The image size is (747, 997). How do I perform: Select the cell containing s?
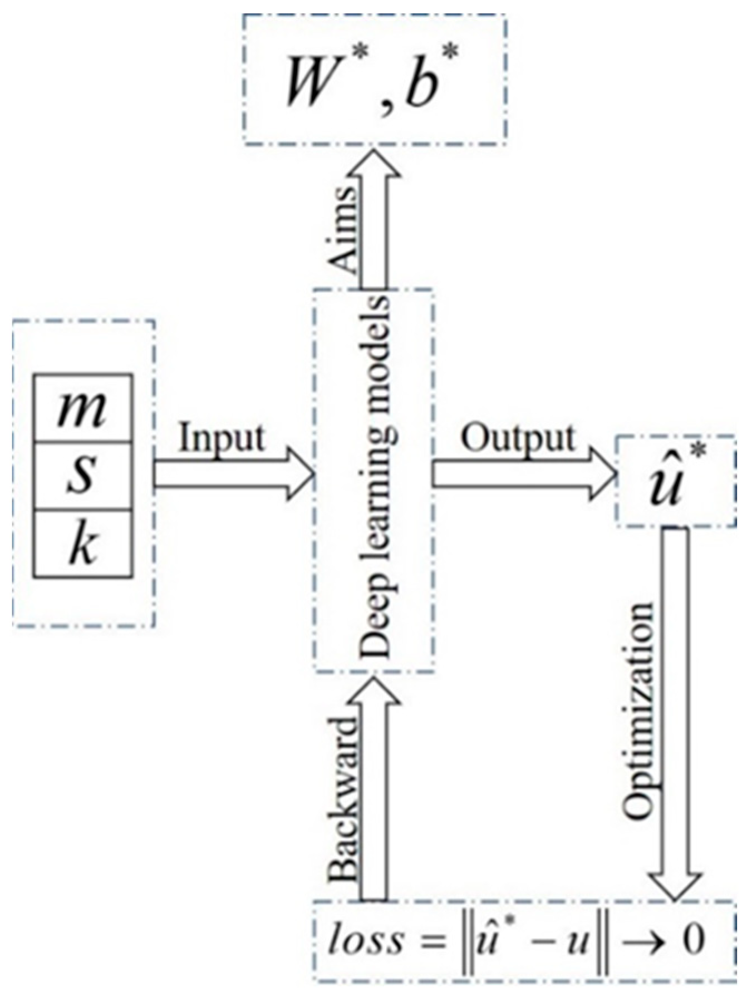coord(82,476)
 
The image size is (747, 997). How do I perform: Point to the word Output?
coord(518,439)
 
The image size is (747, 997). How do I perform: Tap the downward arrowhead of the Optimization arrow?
coord(675,885)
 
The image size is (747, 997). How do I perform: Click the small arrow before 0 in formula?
coord(641,942)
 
